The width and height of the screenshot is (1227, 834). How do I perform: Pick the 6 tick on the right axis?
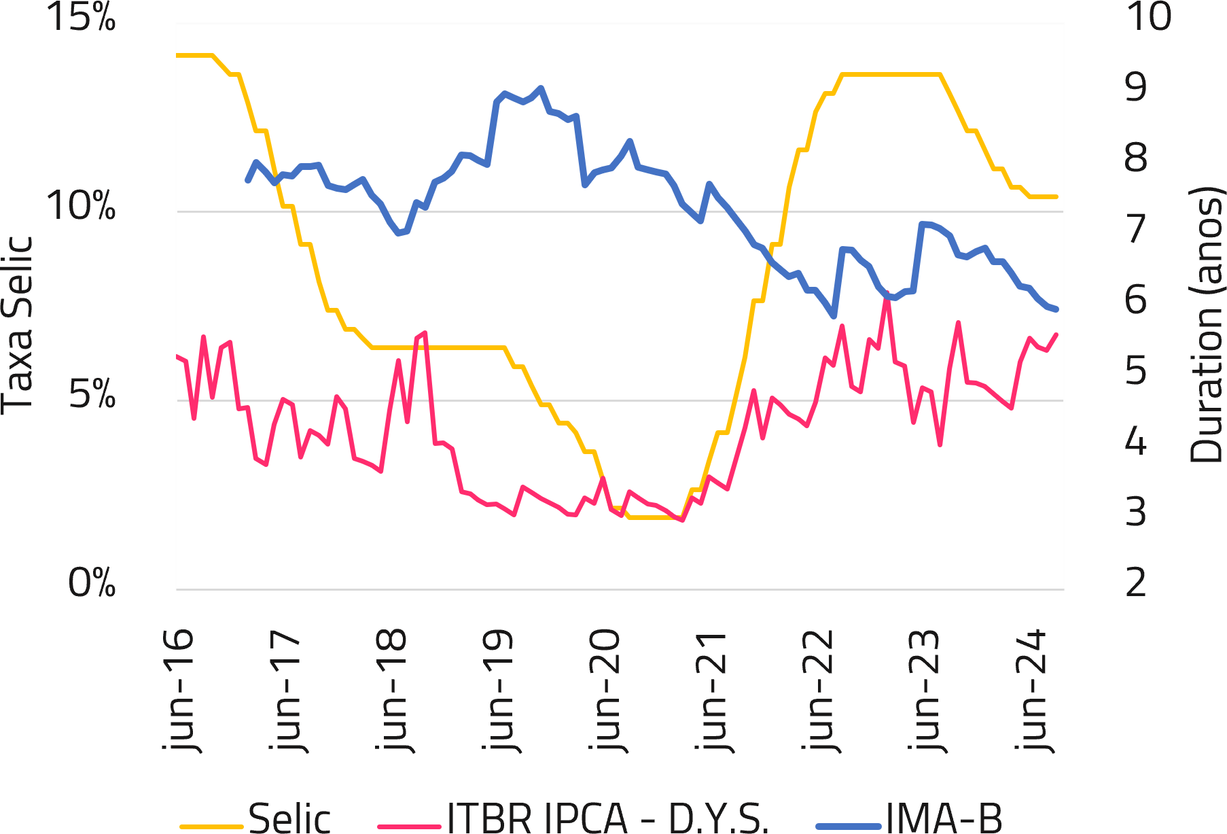(x=1136, y=299)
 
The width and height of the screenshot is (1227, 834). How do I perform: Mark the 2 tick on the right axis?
(x=1136, y=583)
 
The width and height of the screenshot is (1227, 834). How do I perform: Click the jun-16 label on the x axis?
(x=178, y=690)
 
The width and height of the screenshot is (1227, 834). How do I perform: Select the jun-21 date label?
(x=711, y=690)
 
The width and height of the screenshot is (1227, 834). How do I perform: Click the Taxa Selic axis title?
(x=18, y=325)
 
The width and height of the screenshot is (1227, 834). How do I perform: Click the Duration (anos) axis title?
(x=1207, y=325)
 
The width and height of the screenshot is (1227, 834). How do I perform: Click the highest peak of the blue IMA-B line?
(x=541, y=88)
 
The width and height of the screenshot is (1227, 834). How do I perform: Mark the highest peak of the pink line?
(x=887, y=293)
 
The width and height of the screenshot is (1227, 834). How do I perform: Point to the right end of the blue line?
(x=1057, y=309)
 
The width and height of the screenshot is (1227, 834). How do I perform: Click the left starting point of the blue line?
(x=248, y=180)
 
